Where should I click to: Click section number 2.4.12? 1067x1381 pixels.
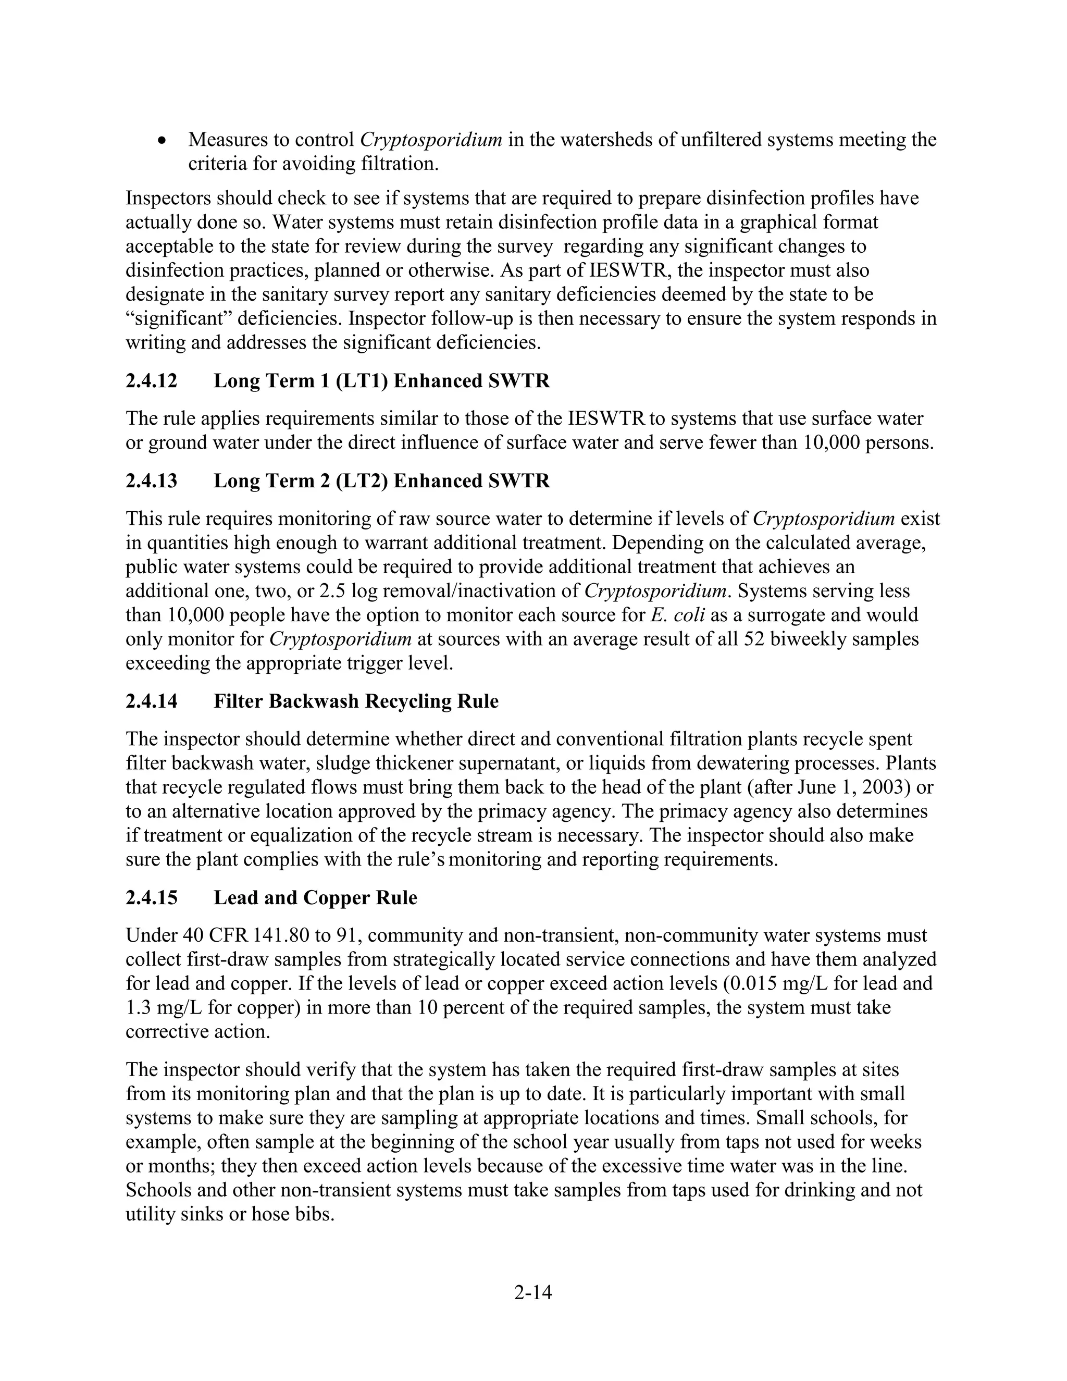click(152, 381)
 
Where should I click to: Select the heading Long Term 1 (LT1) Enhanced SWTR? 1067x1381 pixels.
click(382, 381)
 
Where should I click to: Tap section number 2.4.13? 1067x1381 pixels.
click(152, 481)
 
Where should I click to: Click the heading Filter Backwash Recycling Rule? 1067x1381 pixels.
click(356, 701)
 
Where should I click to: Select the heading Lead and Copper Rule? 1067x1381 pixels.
click(315, 898)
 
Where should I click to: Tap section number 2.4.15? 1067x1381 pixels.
click(152, 898)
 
